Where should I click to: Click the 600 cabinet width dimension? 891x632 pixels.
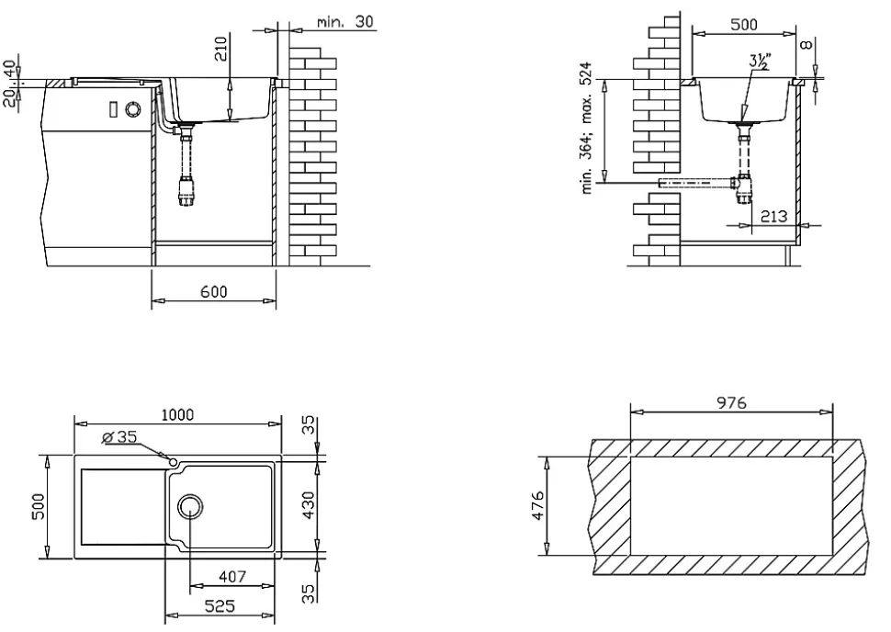pyautogui.click(x=214, y=291)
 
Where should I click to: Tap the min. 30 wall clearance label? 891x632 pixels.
pyautogui.click(x=345, y=22)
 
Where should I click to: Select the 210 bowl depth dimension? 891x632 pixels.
pyautogui.click(x=221, y=49)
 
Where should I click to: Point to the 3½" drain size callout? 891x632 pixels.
pyautogui.click(x=760, y=61)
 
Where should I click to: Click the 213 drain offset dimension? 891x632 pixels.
pyautogui.click(x=773, y=216)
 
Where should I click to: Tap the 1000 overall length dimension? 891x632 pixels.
pyautogui.click(x=177, y=415)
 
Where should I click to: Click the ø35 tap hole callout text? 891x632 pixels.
pyautogui.click(x=119, y=436)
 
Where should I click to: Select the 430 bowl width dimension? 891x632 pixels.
pyautogui.click(x=308, y=505)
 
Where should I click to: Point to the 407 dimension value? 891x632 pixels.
pyautogui.click(x=231, y=577)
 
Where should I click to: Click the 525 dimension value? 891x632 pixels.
pyautogui.click(x=220, y=606)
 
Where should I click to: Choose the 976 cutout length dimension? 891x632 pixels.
pyautogui.click(x=731, y=403)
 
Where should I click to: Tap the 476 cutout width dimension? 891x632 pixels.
pyautogui.click(x=537, y=505)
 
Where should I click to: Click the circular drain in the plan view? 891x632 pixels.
pyautogui.click(x=190, y=506)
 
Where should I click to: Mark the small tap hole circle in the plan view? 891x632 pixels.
pyautogui.click(x=173, y=461)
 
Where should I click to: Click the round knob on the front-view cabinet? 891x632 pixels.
pyautogui.click(x=133, y=108)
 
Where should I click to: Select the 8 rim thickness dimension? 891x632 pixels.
pyautogui.click(x=807, y=44)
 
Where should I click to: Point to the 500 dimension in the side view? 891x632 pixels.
pyautogui.click(x=744, y=25)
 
